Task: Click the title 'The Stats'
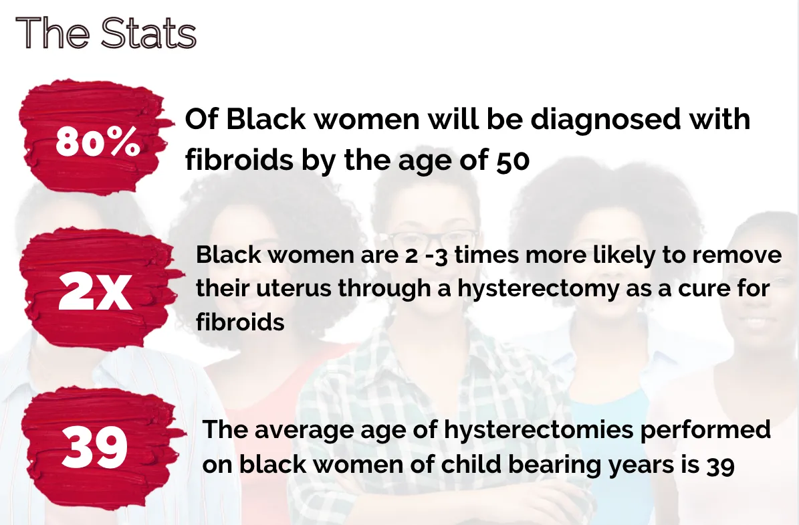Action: click(x=106, y=33)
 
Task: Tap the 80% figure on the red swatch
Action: click(x=98, y=141)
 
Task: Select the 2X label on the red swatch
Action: click(x=96, y=291)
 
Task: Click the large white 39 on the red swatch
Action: click(x=94, y=447)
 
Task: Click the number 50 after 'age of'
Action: click(x=513, y=161)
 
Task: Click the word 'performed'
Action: click(x=705, y=429)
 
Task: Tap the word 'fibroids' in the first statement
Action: click(x=239, y=160)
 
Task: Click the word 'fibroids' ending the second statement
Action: click(x=240, y=322)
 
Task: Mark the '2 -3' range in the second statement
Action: click(x=426, y=255)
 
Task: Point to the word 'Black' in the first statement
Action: click(x=265, y=120)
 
